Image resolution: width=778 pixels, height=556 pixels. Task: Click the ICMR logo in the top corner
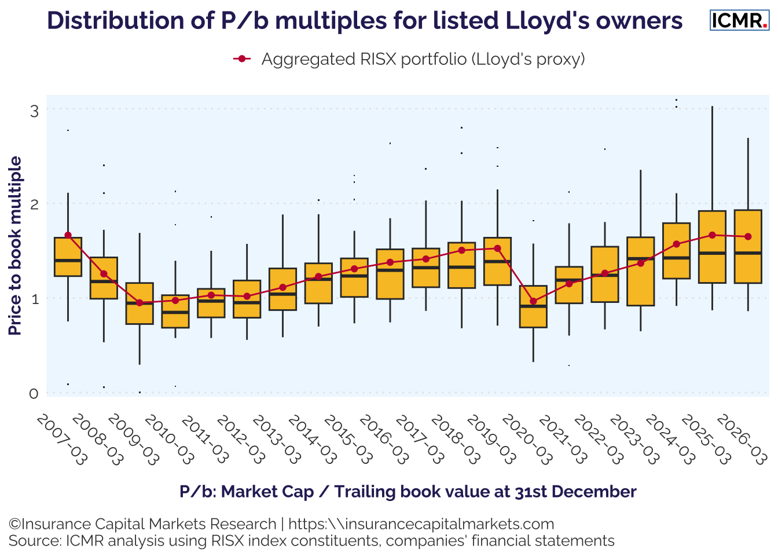coord(739,20)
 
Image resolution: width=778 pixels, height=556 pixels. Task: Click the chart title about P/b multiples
coord(365,20)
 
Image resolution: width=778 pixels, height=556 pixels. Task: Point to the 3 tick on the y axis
coord(34,110)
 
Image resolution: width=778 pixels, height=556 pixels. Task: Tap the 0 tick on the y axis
coord(34,394)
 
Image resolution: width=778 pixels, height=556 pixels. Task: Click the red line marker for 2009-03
coord(140,302)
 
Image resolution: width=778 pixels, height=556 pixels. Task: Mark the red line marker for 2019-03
coord(497,248)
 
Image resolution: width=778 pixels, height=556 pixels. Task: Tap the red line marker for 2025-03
coord(712,235)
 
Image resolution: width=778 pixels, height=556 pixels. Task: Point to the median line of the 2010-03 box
coord(175,312)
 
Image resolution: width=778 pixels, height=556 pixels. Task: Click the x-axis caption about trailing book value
coord(408,492)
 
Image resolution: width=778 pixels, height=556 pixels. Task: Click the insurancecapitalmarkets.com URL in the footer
coord(421,524)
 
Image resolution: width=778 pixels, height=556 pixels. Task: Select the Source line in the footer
coord(311,541)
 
